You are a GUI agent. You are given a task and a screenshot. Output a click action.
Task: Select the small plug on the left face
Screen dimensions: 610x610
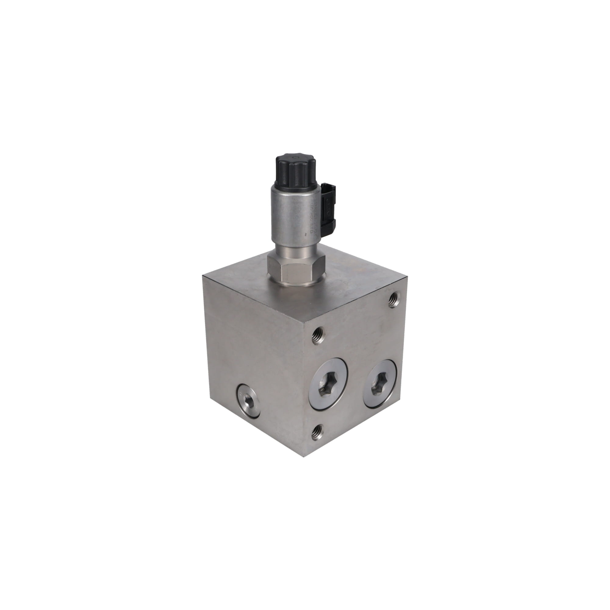coord(249,401)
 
